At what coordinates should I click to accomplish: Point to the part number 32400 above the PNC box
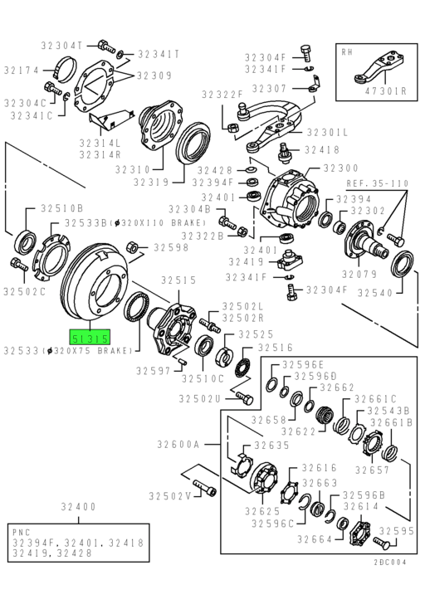pyautogui.click(x=77, y=506)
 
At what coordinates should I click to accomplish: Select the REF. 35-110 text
pyautogui.click(x=377, y=183)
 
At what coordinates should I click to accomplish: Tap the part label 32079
pyautogui.click(x=364, y=273)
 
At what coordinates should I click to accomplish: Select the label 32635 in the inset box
pyautogui.click(x=271, y=445)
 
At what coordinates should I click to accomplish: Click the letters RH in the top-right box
pyautogui.click(x=349, y=51)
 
